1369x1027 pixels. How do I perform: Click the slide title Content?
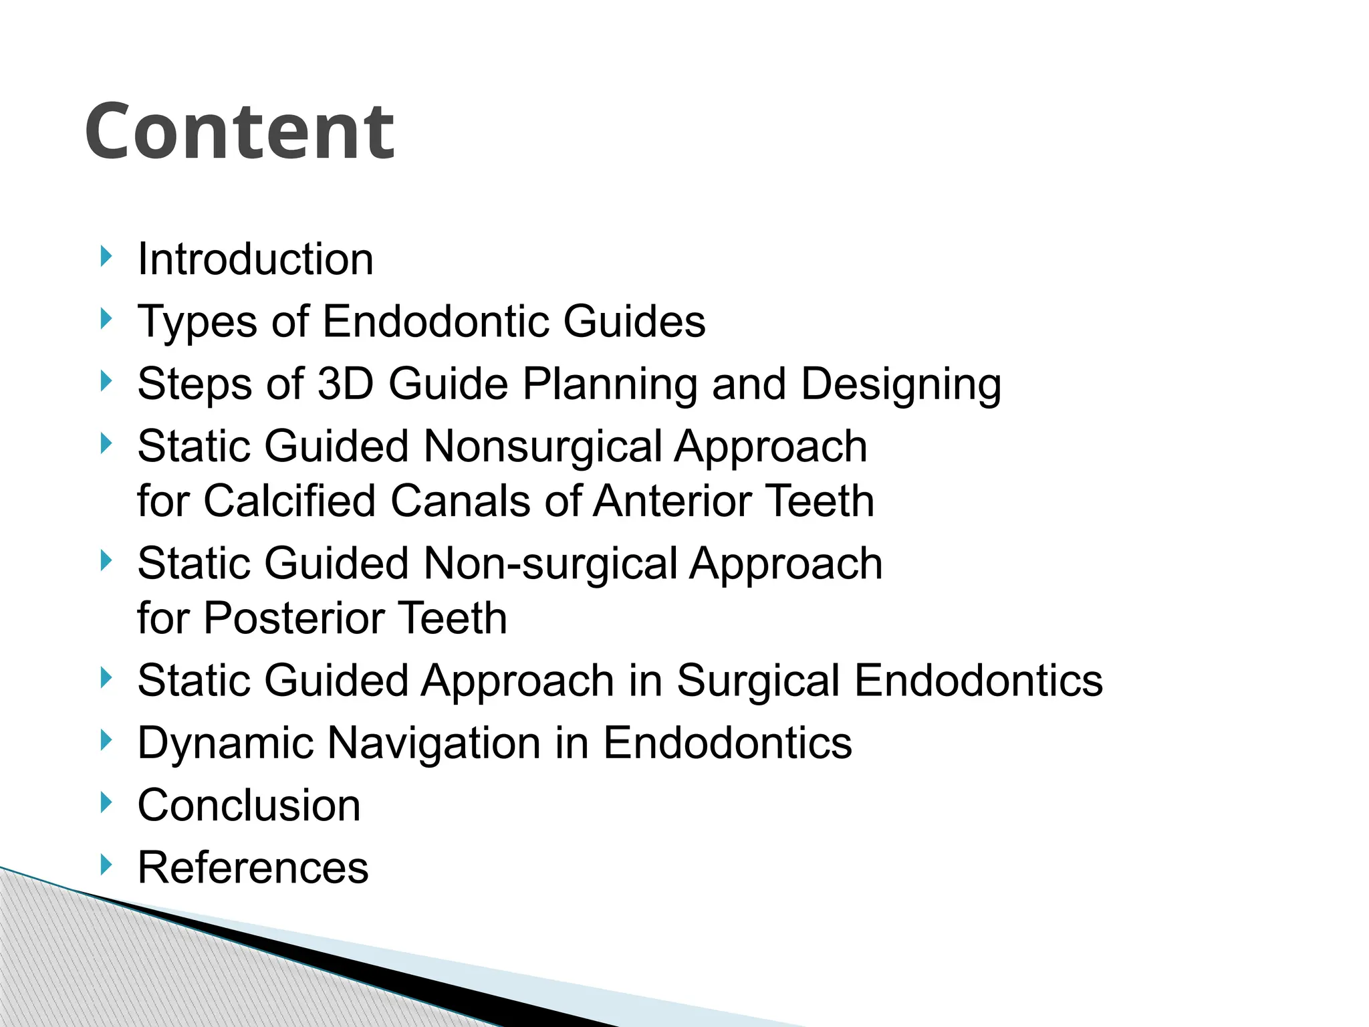239,132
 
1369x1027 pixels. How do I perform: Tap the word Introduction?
255,259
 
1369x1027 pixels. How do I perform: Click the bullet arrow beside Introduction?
106,256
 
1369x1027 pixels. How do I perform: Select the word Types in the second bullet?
197,322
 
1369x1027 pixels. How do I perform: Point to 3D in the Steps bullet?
345,384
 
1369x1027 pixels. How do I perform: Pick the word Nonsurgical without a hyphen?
543,447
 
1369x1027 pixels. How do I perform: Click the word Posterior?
293,618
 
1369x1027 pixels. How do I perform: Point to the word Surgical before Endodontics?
757,681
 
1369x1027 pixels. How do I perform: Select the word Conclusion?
249,806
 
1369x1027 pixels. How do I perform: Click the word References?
253,868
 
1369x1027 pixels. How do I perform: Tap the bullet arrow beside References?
106,865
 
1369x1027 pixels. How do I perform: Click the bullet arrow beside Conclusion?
106,802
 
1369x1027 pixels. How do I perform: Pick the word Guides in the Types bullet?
634,322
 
